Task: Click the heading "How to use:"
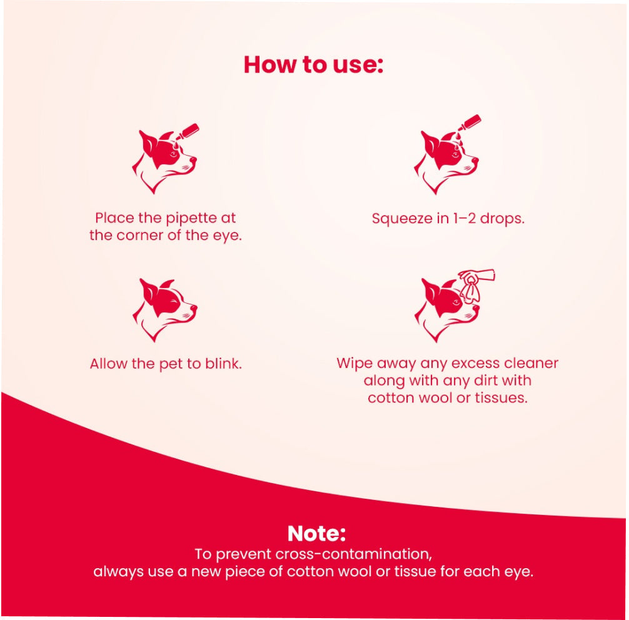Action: point(313,65)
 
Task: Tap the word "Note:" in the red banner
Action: point(316,533)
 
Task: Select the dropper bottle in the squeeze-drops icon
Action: point(468,122)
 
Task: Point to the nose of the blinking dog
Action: point(194,308)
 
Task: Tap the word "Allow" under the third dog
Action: point(109,364)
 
